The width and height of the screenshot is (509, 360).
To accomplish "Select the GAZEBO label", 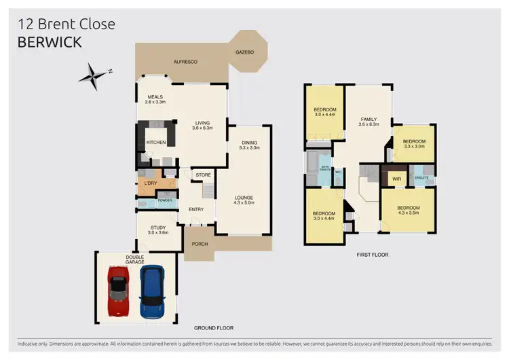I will (x=245, y=52).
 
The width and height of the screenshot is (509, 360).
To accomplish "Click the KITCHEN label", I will (x=156, y=143).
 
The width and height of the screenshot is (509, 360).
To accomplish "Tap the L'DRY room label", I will (x=151, y=183).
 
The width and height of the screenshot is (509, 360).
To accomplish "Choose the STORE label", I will (x=204, y=175).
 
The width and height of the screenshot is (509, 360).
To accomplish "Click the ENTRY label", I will (x=196, y=209).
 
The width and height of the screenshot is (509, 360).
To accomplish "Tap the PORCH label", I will (x=200, y=245).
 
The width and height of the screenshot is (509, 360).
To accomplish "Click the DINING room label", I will (x=249, y=143).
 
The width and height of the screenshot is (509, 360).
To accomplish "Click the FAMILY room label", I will (x=369, y=120).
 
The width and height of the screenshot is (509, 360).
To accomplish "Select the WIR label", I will (x=396, y=179).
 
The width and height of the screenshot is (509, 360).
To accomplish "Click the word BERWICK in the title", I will (x=50, y=42).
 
